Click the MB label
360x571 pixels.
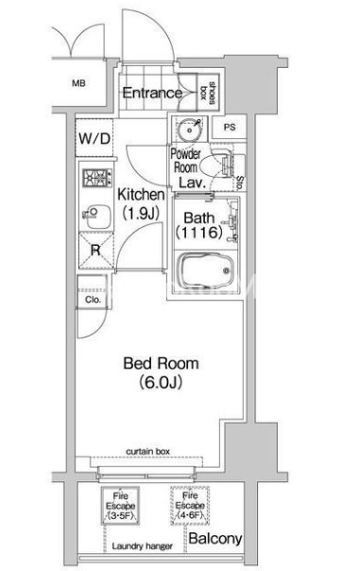78,83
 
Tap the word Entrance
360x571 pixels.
152,94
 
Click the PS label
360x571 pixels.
230,128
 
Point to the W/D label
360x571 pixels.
94,138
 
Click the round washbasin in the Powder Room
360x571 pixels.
189,130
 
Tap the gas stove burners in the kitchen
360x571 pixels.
96,178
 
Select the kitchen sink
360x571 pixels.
96,216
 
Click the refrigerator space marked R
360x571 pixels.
95,251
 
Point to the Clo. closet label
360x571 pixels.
93,300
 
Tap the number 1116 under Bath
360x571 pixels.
199,233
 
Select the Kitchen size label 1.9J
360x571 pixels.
141,213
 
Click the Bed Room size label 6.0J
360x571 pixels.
161,382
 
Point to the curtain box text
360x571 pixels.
147,451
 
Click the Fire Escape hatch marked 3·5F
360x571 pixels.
120,506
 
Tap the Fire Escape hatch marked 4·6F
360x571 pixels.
190,506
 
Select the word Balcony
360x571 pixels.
215,539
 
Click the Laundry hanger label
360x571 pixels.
143,546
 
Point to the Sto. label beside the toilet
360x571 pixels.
240,182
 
